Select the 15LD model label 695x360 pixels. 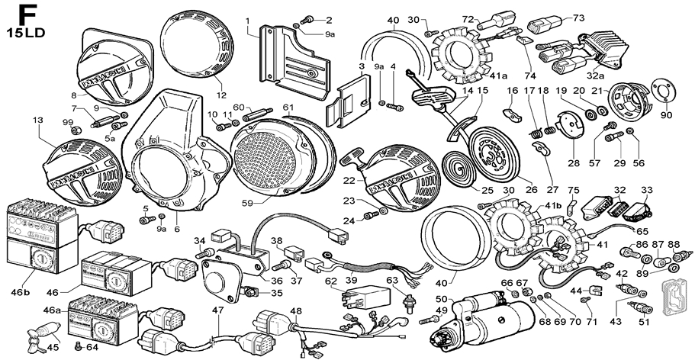coord(24,34)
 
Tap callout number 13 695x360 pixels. coord(37,121)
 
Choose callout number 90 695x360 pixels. coord(666,115)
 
